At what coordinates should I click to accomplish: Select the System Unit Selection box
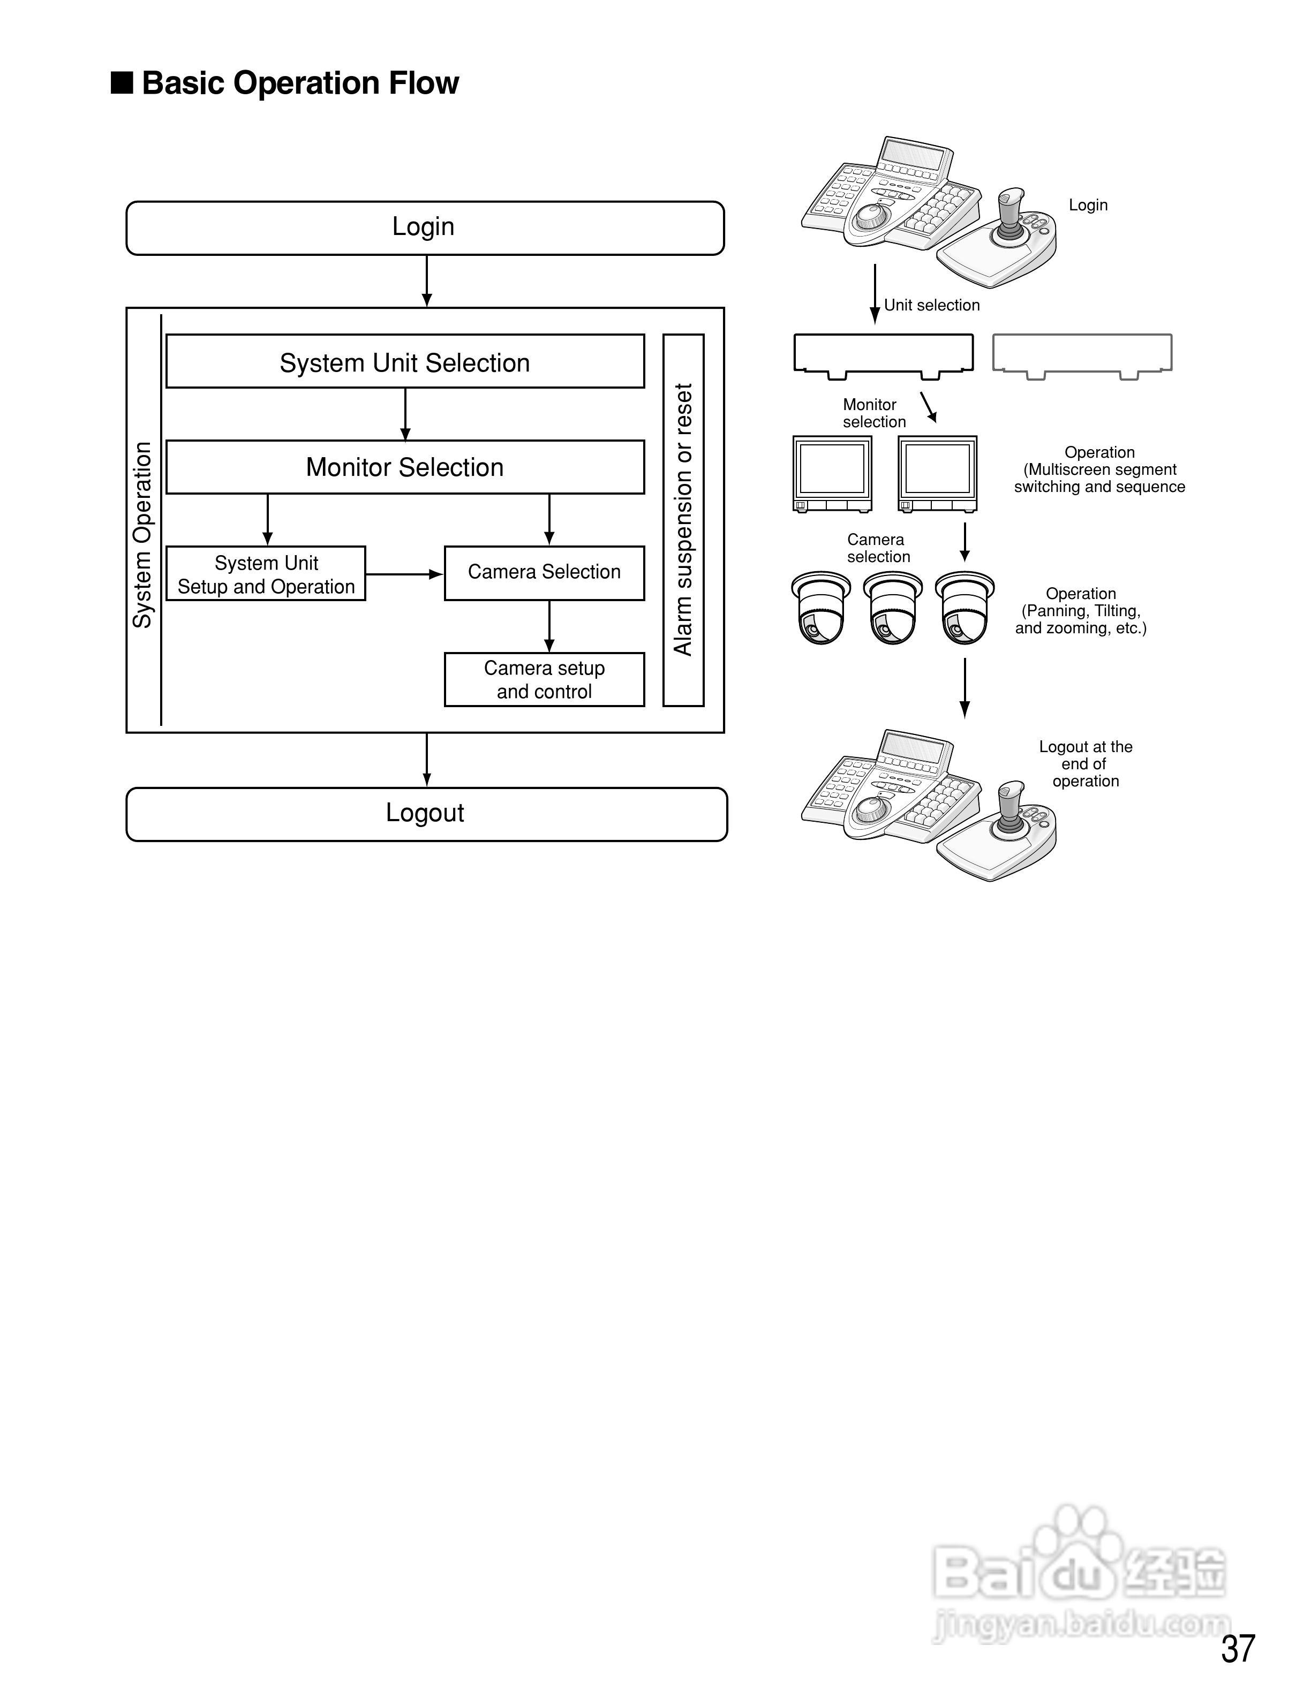click(x=404, y=361)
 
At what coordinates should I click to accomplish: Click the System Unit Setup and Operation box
click(x=266, y=574)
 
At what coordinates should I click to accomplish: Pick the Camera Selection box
click(x=544, y=573)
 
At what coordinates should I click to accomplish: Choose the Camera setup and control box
click(x=544, y=679)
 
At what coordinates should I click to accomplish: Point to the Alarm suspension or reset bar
click(x=683, y=519)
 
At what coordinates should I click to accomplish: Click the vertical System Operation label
click(x=142, y=535)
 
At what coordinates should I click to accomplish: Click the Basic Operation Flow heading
click(x=300, y=83)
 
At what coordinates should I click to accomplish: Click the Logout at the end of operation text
click(x=1086, y=763)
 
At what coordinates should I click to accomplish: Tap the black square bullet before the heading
click(x=122, y=82)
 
